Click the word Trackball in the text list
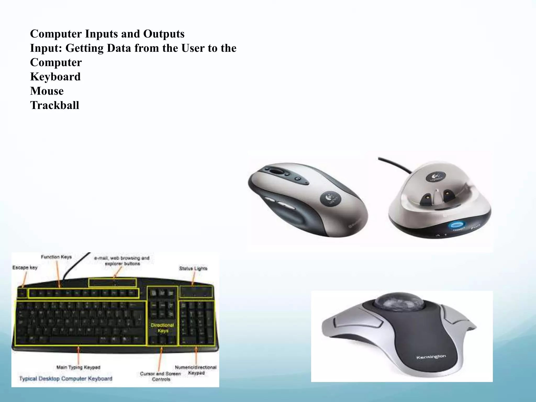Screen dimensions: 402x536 click(54, 105)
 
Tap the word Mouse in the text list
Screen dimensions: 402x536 click(47, 91)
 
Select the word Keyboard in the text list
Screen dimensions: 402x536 click(55, 77)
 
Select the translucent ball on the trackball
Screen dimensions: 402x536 click(394, 301)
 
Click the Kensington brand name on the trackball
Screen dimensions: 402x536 click(431, 357)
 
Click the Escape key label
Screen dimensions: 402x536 click(25, 267)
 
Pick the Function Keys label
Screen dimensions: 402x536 click(56, 257)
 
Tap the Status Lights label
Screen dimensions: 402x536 click(193, 268)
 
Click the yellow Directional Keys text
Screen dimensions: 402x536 click(162, 328)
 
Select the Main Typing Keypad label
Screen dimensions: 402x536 click(78, 367)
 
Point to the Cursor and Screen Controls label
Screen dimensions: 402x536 click(160, 376)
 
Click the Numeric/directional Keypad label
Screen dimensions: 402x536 click(196, 370)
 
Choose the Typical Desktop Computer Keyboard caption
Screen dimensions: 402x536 click(66, 378)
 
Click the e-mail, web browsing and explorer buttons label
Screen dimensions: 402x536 click(122, 261)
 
